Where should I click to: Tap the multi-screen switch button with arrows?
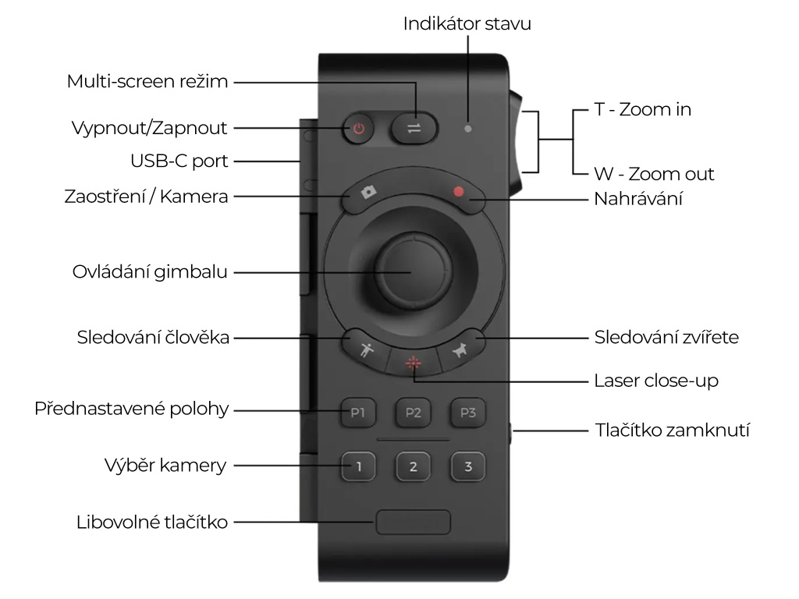(x=414, y=128)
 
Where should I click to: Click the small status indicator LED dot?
(x=467, y=128)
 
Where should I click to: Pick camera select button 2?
(x=413, y=467)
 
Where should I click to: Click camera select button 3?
(x=467, y=467)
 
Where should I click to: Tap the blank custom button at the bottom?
(x=413, y=522)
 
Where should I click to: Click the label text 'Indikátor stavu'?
(x=467, y=23)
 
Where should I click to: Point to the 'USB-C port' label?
(x=179, y=161)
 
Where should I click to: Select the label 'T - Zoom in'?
(x=642, y=110)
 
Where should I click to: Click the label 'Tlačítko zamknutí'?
(x=672, y=430)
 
